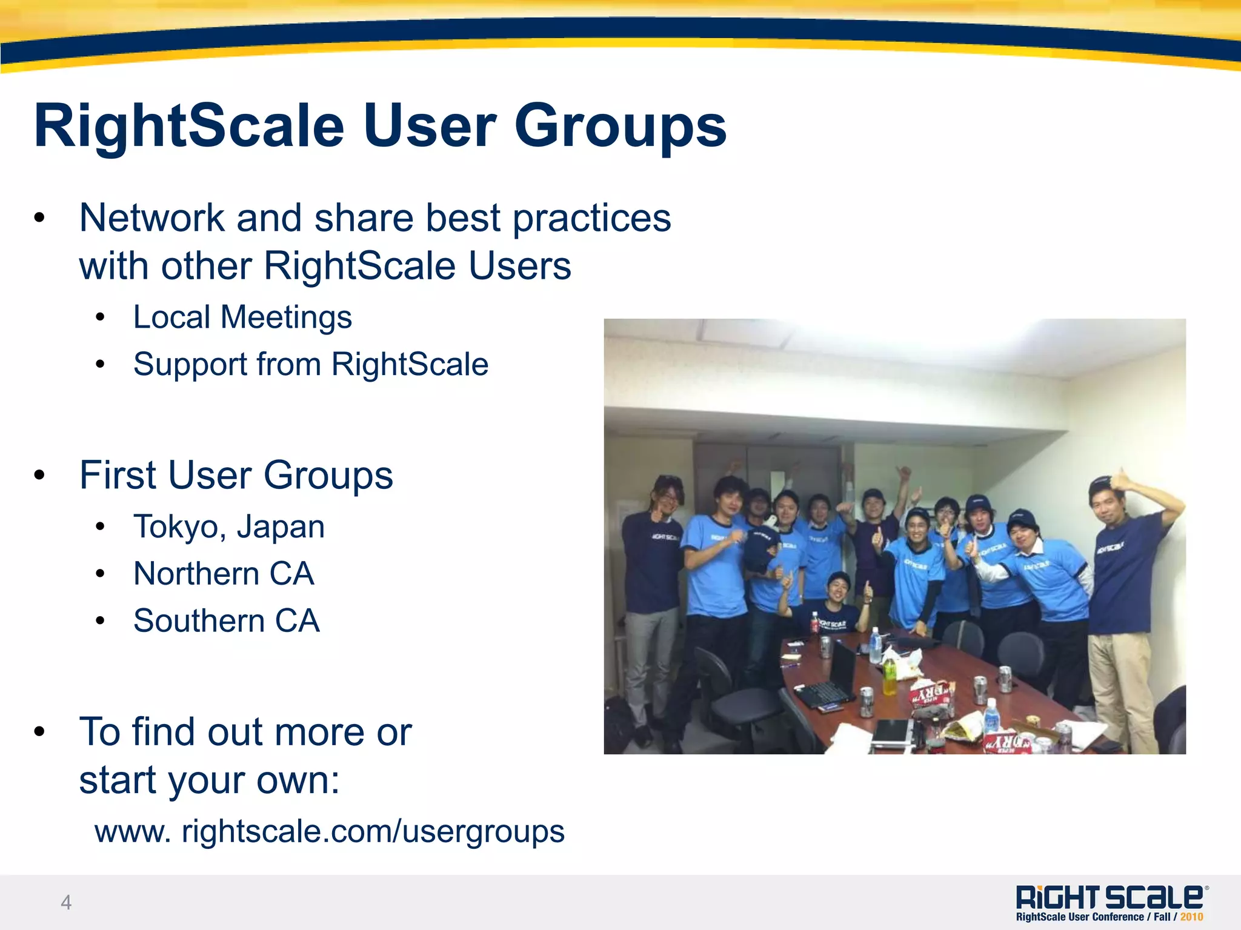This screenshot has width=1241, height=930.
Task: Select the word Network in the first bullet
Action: pyautogui.click(x=151, y=218)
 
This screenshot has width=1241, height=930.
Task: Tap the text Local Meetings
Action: pyautogui.click(x=242, y=317)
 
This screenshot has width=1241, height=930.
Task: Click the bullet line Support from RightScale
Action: pyautogui.click(x=310, y=364)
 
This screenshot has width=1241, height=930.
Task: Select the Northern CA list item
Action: pyautogui.click(x=224, y=574)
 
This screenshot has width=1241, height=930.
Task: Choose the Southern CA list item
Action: pyautogui.click(x=226, y=621)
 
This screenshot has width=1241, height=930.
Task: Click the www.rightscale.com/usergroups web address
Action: pyautogui.click(x=330, y=831)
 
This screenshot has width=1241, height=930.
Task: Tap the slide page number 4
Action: pyautogui.click(x=66, y=902)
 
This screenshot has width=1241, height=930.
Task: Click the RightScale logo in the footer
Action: pyautogui.click(x=1111, y=897)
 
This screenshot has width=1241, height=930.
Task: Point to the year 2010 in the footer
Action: pyautogui.click(x=1191, y=917)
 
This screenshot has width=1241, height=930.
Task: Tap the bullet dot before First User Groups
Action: pyautogui.click(x=40, y=476)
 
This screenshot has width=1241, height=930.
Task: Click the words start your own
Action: pyautogui.click(x=209, y=780)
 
